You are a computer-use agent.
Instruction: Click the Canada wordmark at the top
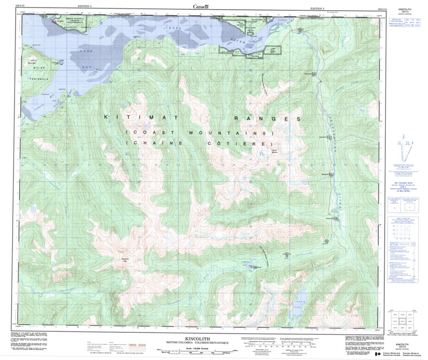point(200,6)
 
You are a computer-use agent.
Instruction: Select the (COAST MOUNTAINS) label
point(200,133)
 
